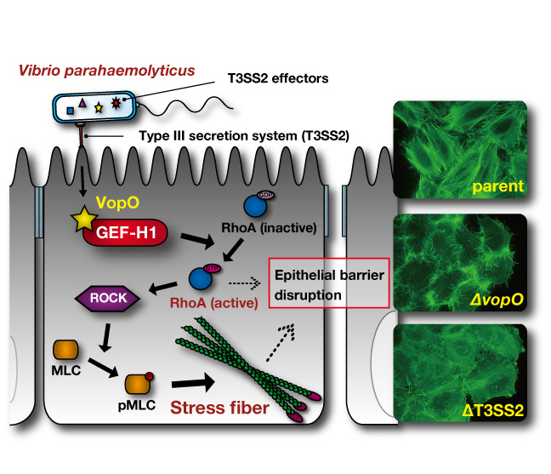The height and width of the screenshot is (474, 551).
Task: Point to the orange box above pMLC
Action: pyautogui.click(x=138, y=386)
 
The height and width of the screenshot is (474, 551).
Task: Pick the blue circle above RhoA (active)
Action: pyautogui.click(x=201, y=278)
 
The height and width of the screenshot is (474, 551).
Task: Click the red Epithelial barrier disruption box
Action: pyautogui.click(x=329, y=282)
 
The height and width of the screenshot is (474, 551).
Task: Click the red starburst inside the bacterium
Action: pyautogui.click(x=117, y=106)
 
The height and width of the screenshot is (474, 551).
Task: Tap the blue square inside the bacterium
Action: pyautogui.click(x=70, y=110)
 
